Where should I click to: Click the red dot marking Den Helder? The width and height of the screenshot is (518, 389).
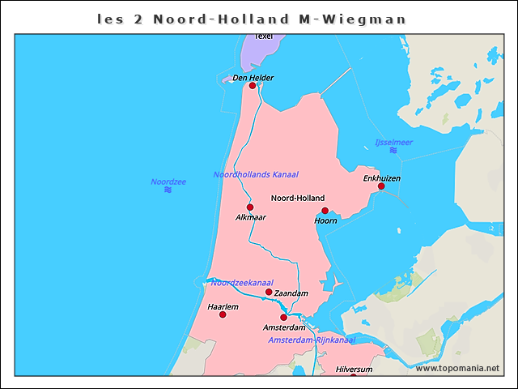point(253,85)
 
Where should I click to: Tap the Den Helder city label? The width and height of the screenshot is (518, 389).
point(253,78)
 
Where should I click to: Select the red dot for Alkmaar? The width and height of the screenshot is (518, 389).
point(250,207)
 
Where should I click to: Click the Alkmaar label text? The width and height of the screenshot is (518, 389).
point(250,217)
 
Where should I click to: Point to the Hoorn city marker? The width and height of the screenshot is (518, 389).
point(325,211)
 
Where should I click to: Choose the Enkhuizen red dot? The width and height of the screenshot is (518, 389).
point(381,186)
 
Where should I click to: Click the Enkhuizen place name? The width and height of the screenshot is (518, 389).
point(381,177)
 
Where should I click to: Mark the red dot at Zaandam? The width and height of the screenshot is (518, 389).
point(269,292)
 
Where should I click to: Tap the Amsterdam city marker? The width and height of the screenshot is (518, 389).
point(283,317)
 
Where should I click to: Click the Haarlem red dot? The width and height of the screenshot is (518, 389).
point(223,314)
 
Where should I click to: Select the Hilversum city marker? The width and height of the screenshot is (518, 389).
point(354,377)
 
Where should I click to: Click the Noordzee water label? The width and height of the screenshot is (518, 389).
point(168,182)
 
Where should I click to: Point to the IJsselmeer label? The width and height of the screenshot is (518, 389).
point(393,143)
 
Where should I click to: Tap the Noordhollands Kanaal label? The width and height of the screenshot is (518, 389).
point(256,174)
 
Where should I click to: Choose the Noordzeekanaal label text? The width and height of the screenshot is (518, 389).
point(241,283)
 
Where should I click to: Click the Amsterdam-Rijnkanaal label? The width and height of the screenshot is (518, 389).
point(312,340)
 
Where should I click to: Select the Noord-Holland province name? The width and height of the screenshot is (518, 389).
point(297,198)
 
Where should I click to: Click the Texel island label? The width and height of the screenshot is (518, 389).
point(264,36)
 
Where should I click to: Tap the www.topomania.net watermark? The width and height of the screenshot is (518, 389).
point(457,368)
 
